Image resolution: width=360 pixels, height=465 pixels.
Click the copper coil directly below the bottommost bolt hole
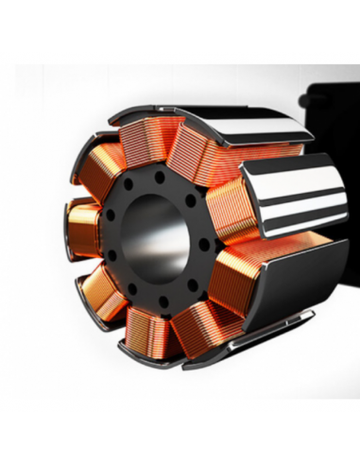[151, 331]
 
